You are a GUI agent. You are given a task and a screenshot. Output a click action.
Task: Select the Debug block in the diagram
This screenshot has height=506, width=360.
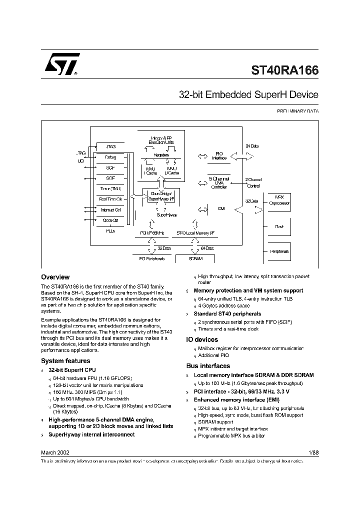(x=110, y=157)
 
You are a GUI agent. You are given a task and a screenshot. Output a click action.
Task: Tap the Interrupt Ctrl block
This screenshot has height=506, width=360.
(x=110, y=209)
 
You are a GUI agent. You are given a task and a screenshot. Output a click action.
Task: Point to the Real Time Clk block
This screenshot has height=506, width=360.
(x=110, y=199)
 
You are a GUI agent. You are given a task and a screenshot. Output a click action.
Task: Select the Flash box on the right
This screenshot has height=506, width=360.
(x=279, y=226)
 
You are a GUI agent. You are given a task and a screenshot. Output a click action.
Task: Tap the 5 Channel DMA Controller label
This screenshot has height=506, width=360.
(x=218, y=182)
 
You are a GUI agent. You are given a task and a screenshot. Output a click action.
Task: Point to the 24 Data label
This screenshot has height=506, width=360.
(x=252, y=146)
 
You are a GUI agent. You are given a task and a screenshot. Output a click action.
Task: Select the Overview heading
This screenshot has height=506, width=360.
(x=55, y=277)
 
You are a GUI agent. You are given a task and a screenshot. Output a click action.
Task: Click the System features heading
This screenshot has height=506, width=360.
(x=65, y=360)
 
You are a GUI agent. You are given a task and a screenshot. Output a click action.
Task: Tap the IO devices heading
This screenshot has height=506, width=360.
(x=202, y=339)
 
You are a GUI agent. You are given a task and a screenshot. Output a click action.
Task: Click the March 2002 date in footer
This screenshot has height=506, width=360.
(x=55, y=452)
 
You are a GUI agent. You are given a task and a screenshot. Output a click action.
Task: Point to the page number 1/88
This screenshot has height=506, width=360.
(x=313, y=452)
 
